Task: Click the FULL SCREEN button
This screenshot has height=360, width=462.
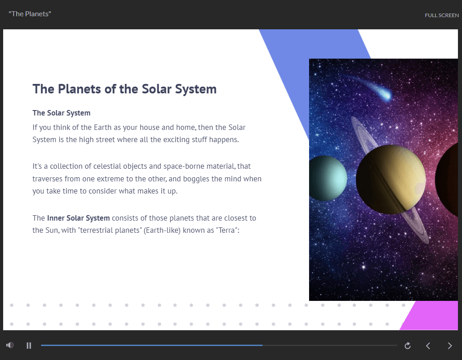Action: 442,15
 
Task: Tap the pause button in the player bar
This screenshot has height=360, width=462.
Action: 28,346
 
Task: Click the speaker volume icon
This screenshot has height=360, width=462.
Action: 10,345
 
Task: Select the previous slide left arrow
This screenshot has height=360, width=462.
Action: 428,346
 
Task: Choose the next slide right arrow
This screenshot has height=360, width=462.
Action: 450,346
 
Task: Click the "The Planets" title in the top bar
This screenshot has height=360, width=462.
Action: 30,14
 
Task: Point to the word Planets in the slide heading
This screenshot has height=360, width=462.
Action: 79,89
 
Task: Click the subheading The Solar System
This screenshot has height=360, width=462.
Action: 61,113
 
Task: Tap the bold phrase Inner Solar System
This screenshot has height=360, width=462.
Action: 79,218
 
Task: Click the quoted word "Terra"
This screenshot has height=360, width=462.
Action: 226,230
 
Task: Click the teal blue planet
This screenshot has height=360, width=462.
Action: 328,178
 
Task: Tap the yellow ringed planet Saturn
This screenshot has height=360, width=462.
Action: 391,180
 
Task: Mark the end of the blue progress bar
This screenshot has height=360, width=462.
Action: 262,345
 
